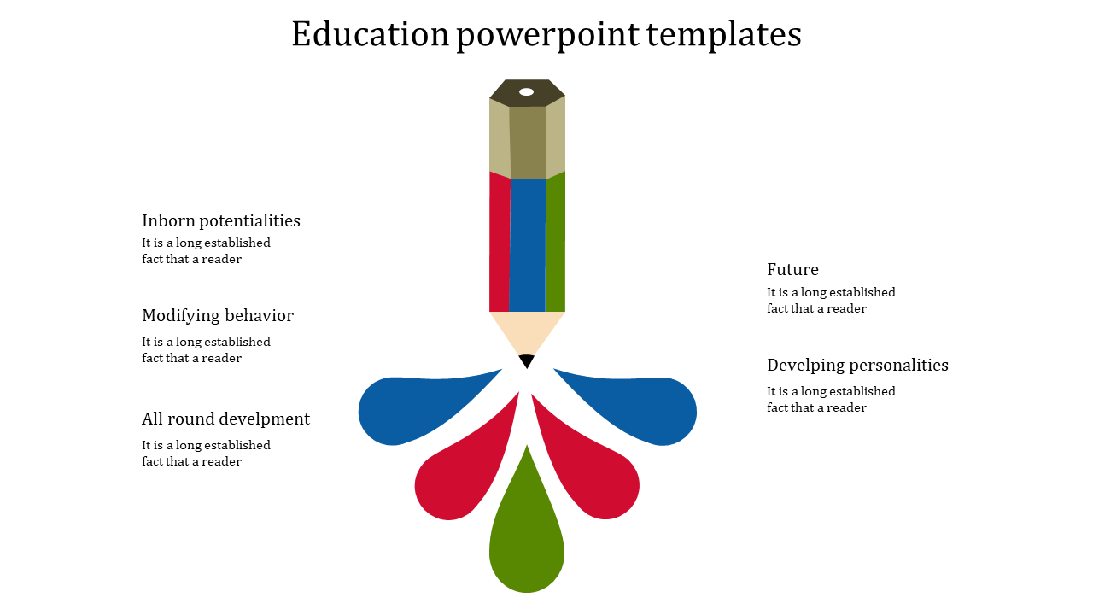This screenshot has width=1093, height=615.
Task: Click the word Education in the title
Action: [370, 35]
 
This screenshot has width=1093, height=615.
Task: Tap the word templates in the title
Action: [723, 35]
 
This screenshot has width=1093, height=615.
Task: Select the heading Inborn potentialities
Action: [221, 220]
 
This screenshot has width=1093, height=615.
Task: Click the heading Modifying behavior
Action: [218, 315]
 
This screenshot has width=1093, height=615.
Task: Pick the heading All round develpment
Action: [225, 419]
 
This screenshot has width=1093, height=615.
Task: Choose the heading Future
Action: [792, 269]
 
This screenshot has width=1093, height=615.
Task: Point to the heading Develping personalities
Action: [857, 365]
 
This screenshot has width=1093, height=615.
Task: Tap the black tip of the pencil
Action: [527, 360]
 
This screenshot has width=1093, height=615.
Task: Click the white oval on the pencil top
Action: [526, 91]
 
